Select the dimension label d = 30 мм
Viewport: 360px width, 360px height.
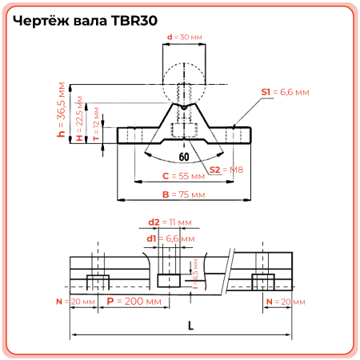(183, 37)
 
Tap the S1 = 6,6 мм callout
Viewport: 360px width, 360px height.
(284, 93)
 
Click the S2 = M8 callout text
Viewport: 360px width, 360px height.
(226, 170)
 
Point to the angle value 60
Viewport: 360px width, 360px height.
(184, 157)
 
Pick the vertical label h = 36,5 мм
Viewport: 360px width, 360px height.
(62, 114)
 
